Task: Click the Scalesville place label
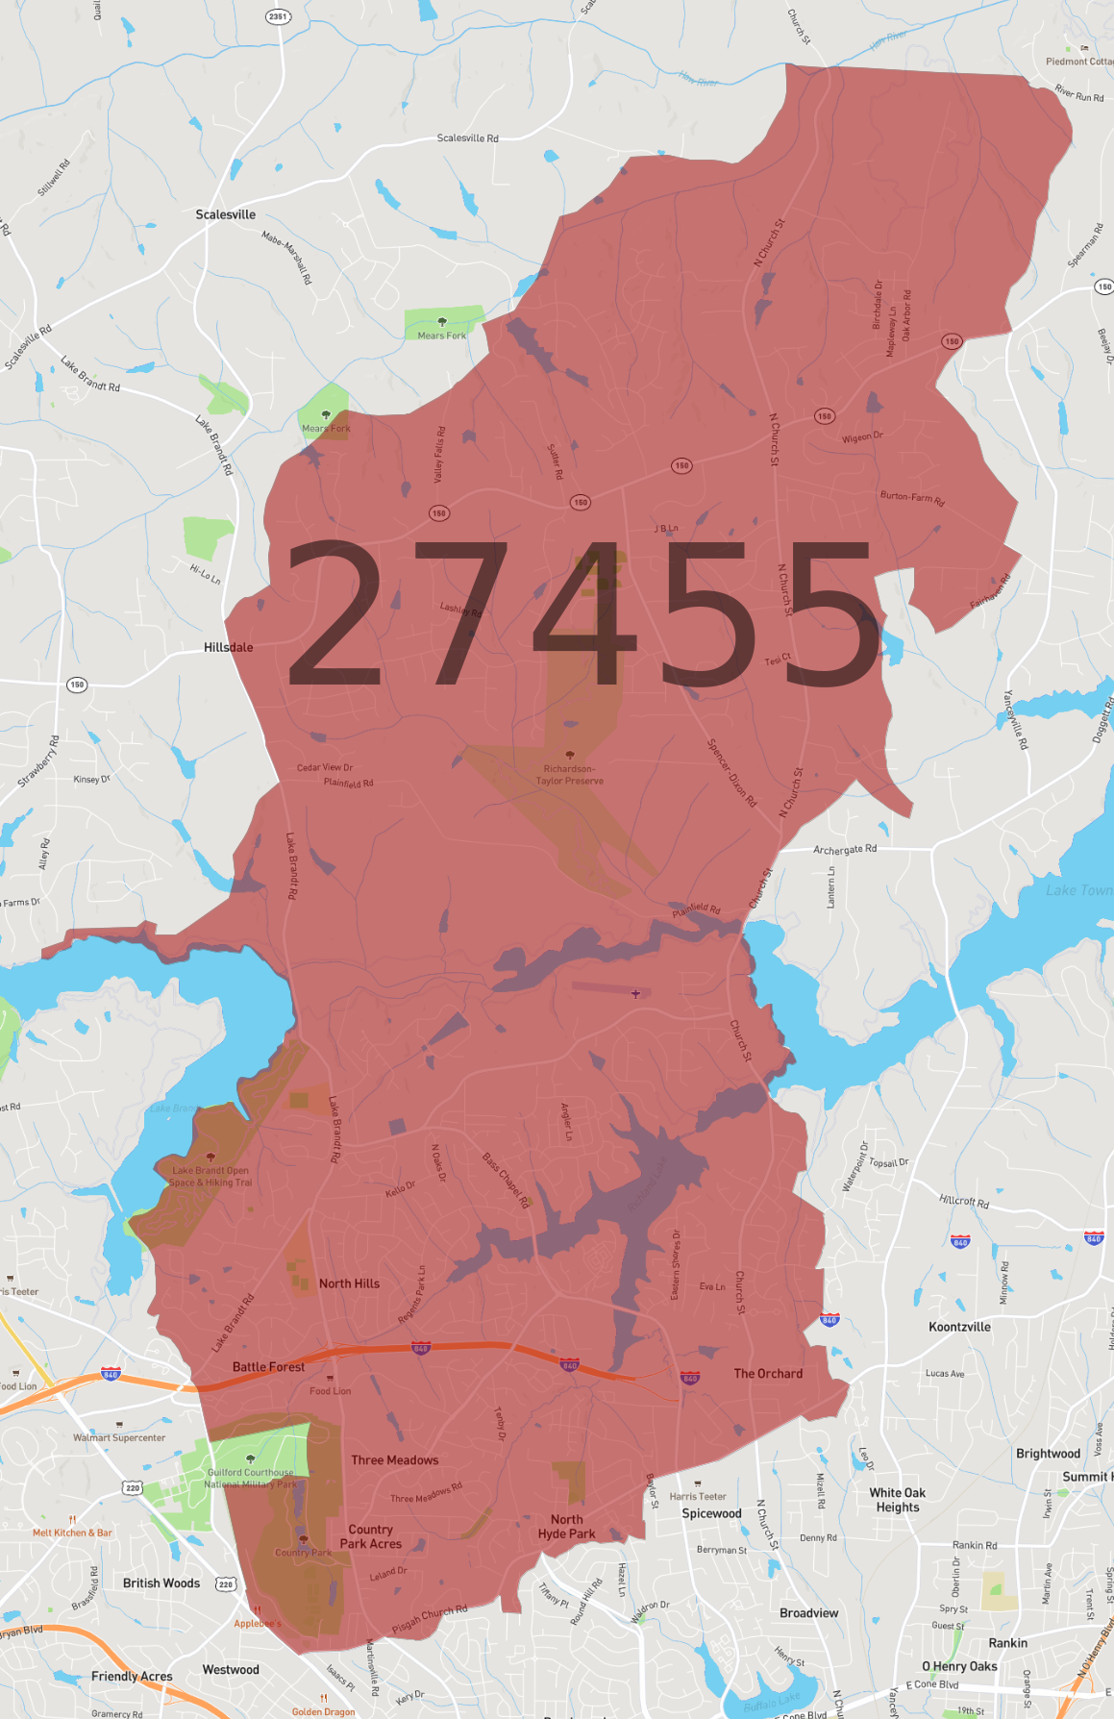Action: [x=226, y=214]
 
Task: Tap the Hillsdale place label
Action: [x=229, y=647]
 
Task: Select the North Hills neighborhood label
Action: [x=349, y=1283]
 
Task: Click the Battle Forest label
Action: [x=268, y=1366]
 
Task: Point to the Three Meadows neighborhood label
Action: [x=394, y=1459]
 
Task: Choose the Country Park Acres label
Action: [x=371, y=1536]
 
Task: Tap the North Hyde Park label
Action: [x=566, y=1527]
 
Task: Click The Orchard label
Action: [x=768, y=1373]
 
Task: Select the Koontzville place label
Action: [x=959, y=1327]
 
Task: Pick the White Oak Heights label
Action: [x=898, y=1500]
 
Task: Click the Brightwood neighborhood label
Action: [x=1048, y=1453]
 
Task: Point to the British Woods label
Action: [x=161, y=1582]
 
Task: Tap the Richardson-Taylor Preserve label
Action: [x=570, y=774]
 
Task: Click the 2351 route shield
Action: [x=278, y=16]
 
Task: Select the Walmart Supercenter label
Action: [x=119, y=1437]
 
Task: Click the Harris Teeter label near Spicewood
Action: [x=698, y=1496]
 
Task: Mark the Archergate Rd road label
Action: [x=845, y=850]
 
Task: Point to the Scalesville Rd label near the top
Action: [x=468, y=138]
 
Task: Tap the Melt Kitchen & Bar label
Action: [x=72, y=1532]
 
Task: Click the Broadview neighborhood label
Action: [x=808, y=1612]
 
